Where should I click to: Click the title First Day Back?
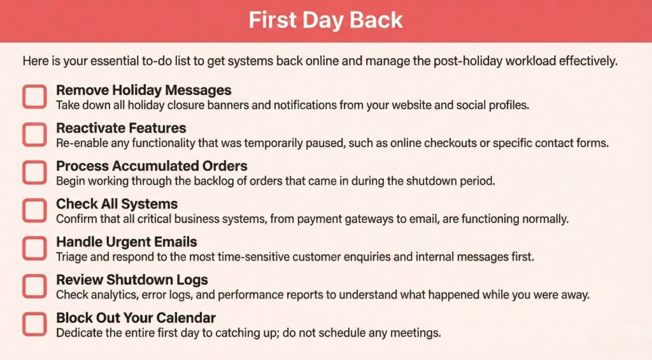coord(325,20)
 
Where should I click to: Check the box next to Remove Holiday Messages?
coord(34,97)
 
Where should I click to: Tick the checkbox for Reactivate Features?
coord(34,134)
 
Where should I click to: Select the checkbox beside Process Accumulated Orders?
coord(34,173)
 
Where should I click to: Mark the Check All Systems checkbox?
coord(34,210)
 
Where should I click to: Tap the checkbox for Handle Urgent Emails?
coord(34,248)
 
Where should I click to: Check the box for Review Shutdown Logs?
coord(34,286)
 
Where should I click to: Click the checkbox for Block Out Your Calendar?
coord(34,324)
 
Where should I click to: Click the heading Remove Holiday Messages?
coord(143,90)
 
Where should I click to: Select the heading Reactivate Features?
coord(121,128)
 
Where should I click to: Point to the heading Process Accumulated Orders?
coord(152,166)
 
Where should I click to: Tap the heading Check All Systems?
coord(117,204)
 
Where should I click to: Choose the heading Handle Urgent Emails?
coord(126,242)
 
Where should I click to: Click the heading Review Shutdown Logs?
coord(132,280)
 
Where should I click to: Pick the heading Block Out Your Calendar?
coord(136,317)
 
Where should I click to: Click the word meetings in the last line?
coord(418,333)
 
